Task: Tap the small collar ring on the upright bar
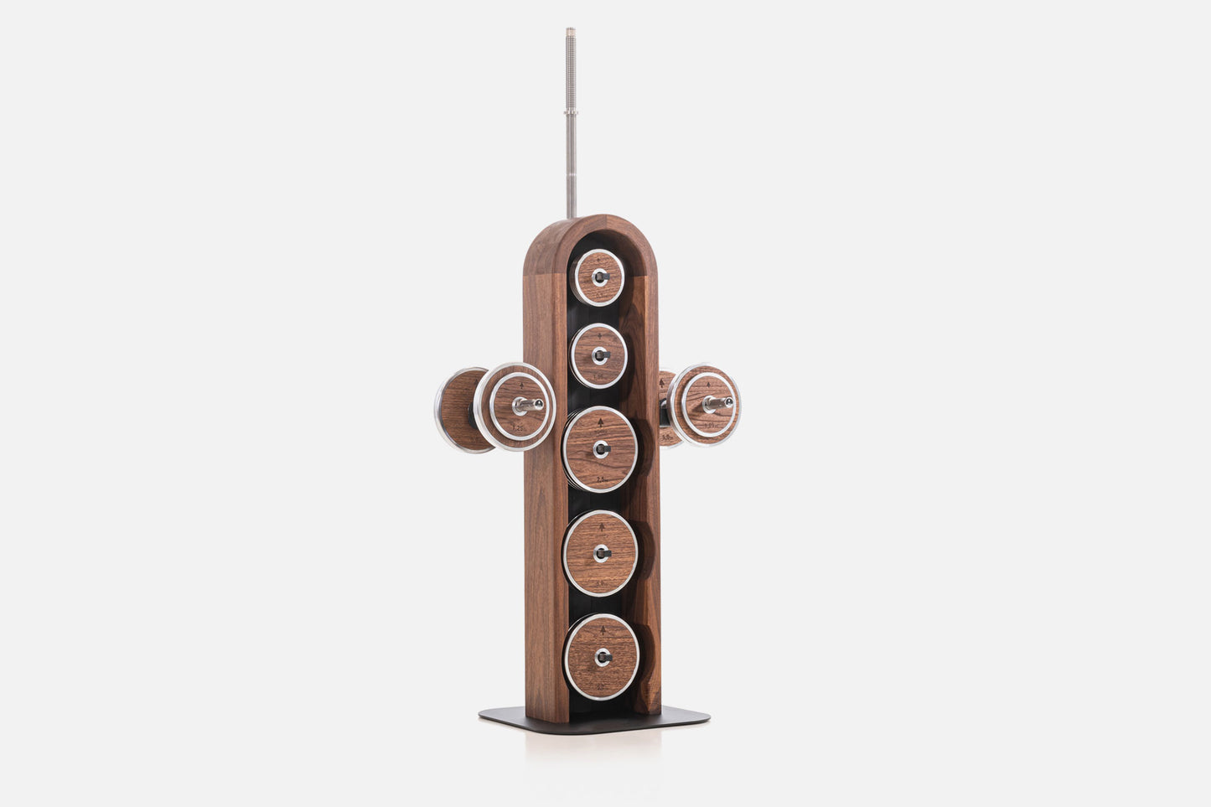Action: click(570, 111)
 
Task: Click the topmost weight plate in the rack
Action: click(598, 277)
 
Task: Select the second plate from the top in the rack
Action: click(598, 354)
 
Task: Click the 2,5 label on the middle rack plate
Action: click(600, 479)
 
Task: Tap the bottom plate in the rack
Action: click(602, 657)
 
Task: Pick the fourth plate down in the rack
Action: click(601, 552)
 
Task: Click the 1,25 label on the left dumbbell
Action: click(520, 429)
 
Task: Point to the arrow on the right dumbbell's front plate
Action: click(709, 379)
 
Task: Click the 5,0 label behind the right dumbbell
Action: click(667, 437)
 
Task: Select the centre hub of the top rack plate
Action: click(598, 277)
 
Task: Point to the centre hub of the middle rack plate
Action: click(600, 449)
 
